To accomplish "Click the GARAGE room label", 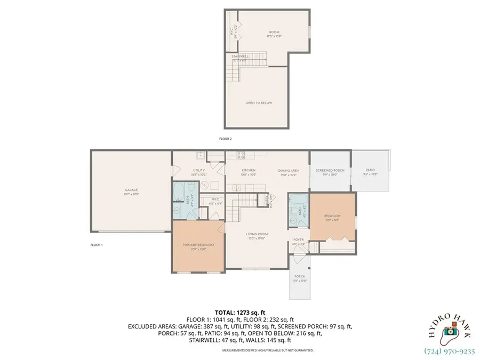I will point(131,190).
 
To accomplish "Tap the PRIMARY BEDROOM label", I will point(198,245).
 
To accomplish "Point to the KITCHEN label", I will point(248,171).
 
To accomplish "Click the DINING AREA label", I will point(289,171).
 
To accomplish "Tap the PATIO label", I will point(370,171).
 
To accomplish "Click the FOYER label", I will point(299,240).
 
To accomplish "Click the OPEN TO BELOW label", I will point(259,102).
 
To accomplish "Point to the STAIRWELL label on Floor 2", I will point(240,56).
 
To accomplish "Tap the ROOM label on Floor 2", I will point(273,33).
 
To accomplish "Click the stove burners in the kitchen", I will point(241,155).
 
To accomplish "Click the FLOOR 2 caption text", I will point(226,139).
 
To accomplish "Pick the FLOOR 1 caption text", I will point(97,244).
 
